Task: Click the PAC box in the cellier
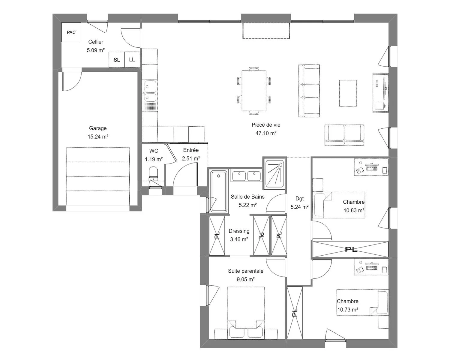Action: [x=71, y=32]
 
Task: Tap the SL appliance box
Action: [x=116, y=60]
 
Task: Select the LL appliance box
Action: [x=132, y=60]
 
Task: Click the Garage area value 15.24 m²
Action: [x=98, y=136]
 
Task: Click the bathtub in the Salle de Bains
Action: [x=218, y=191]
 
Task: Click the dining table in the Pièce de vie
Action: [x=254, y=91]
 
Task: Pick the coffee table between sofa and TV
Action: [x=348, y=93]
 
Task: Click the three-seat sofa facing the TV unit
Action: [x=309, y=91]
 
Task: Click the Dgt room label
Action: [x=299, y=199]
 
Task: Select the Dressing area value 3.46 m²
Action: [x=239, y=239]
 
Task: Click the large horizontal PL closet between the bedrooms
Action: [x=351, y=249]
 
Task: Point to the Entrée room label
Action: [x=191, y=150]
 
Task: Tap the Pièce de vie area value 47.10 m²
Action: [x=266, y=133]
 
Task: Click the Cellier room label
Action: [x=96, y=42]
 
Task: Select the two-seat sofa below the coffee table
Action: [x=344, y=135]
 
